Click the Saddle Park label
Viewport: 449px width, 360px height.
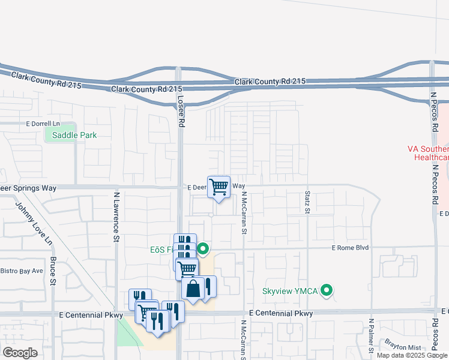(x=74, y=135)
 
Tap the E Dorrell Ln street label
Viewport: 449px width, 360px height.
(x=43, y=124)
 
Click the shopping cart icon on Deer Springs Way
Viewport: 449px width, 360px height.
(x=219, y=187)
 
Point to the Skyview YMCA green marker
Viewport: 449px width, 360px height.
(x=327, y=291)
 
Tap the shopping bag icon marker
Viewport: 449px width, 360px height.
(x=193, y=289)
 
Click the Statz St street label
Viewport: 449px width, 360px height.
(x=307, y=203)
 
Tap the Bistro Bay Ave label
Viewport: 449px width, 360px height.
(x=22, y=271)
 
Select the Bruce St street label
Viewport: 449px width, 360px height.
(x=53, y=272)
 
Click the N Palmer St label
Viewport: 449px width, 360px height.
(x=372, y=335)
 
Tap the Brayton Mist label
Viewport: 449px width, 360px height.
(x=403, y=347)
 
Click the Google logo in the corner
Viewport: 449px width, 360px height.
(x=20, y=353)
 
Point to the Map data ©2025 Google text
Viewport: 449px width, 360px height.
(x=412, y=355)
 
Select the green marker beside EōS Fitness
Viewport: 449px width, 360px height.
(x=203, y=248)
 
